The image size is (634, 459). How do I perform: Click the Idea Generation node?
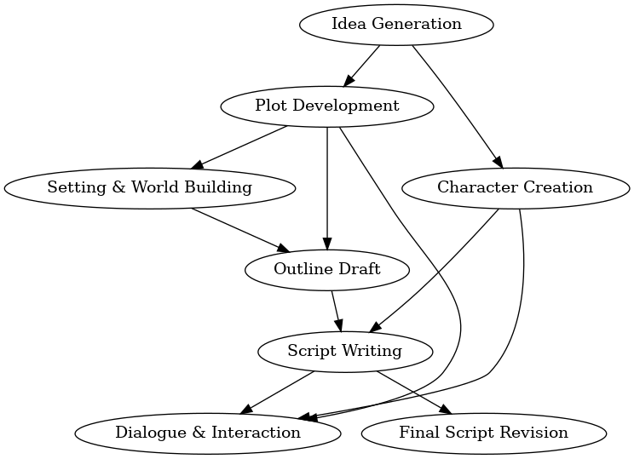tap(396, 24)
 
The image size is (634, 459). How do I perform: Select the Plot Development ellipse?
tap(327, 106)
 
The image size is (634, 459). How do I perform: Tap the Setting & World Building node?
tap(150, 187)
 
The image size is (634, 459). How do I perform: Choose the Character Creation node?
tap(515, 187)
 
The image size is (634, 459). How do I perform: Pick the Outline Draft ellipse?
tap(327, 269)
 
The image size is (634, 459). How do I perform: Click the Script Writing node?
tap(344, 351)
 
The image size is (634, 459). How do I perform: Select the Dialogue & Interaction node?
tap(208, 433)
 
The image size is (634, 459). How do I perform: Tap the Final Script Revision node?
tap(483, 433)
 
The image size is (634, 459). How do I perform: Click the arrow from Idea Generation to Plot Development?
tap(362, 65)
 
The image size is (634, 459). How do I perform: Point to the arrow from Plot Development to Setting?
tap(240, 146)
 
